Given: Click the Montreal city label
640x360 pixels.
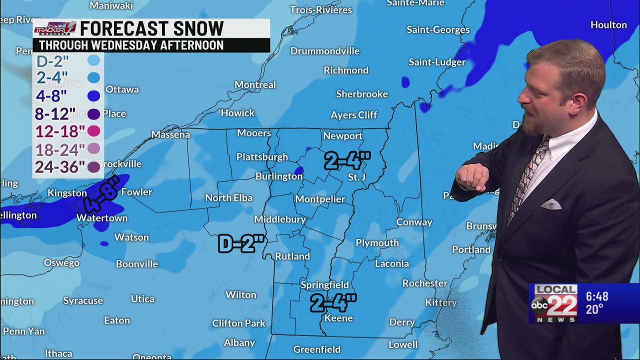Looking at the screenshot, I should point(255,85).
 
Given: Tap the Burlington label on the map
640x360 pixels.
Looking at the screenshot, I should point(278,176).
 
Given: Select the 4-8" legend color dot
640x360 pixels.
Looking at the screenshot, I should point(93,96).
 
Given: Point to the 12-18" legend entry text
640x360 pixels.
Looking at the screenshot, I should point(59,131).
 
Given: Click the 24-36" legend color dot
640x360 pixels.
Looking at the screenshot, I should point(93,167).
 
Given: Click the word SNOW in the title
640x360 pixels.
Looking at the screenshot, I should point(196,28).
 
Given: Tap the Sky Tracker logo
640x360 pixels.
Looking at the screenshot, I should point(55,28).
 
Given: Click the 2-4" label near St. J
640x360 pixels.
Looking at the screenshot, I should point(347,161).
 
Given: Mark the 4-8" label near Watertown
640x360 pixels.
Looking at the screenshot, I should point(102,195).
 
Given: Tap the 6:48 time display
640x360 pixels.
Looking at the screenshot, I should point(597,296).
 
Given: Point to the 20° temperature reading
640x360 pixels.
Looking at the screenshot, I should point(594,310).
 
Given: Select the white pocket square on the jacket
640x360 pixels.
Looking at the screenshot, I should point(551,204).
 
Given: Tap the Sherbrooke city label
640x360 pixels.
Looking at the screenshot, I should point(362,94).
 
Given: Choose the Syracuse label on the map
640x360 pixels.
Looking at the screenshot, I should point(83,300).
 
